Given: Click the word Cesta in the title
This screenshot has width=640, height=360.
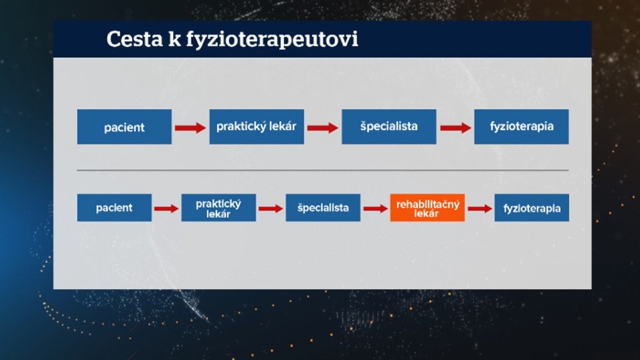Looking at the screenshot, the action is pos(134,39).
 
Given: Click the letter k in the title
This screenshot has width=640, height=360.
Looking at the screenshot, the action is pos(174,39).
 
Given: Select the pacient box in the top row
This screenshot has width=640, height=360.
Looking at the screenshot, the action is pos(124,126).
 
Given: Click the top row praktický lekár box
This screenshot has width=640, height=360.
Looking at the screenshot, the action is pos(257,126).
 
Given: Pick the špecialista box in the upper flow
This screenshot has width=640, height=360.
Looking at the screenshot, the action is pos(389,126).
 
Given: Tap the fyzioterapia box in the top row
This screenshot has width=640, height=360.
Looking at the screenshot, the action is pos(521,126).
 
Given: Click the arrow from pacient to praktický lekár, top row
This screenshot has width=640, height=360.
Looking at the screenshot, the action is pos(190,128).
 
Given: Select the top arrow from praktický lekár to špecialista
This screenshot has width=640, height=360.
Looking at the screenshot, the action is pos(322,128).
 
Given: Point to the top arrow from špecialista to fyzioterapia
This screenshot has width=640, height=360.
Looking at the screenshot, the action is pos(456,128).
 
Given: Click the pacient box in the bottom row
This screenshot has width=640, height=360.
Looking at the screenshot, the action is pos(114,207).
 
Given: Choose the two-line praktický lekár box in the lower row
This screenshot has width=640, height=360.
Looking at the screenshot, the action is pos(219,207).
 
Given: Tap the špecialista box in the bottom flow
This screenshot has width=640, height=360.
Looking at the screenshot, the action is pos(323,207).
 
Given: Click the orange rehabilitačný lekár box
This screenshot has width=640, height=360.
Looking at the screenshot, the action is pos(427,207).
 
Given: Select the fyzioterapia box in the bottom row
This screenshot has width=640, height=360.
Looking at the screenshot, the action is pos(532,207).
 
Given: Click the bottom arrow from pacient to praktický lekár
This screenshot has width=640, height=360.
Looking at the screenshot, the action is pos(166,209).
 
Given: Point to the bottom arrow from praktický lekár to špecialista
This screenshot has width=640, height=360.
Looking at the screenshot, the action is pos(271,209).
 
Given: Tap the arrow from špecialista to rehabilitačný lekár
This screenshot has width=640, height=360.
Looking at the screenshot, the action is pos(376,209).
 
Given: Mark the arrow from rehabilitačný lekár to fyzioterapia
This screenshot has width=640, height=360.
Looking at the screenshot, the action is pos(479,209).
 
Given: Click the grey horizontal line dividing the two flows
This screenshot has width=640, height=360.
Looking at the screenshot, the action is pos(323,170).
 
